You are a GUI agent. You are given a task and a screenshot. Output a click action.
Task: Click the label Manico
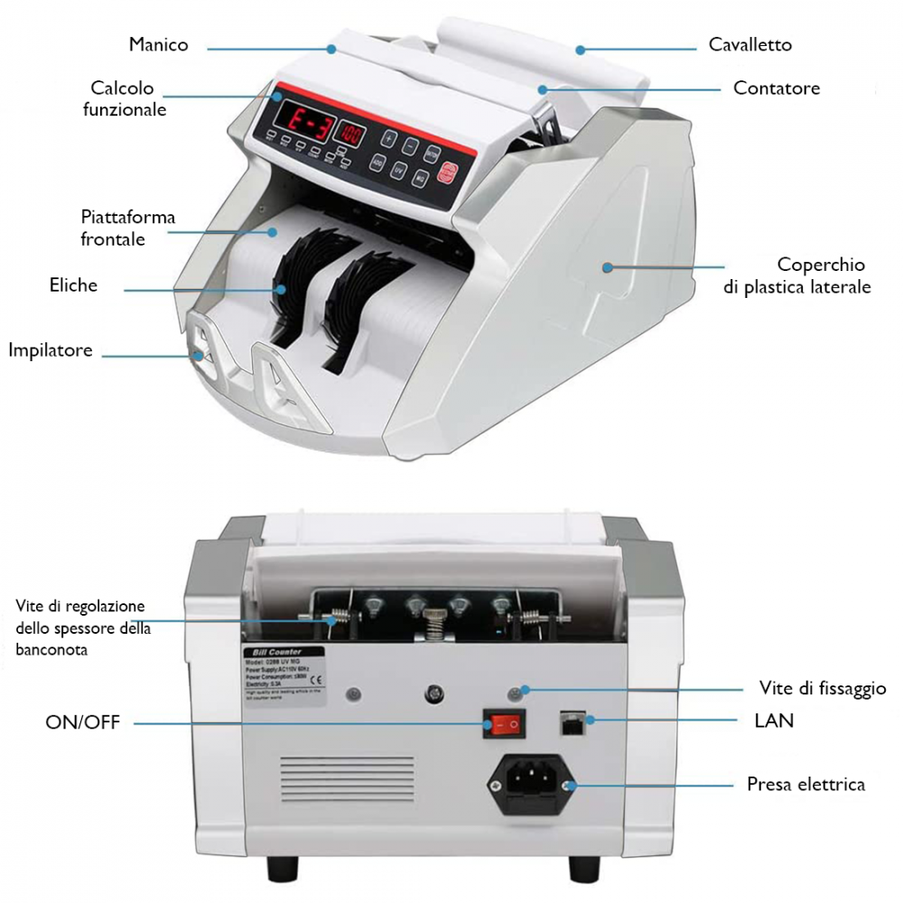point(159,44)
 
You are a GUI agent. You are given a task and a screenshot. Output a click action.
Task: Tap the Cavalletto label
point(749,44)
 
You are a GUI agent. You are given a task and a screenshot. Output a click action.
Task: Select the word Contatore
point(777,88)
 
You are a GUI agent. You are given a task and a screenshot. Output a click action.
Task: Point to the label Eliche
point(73,285)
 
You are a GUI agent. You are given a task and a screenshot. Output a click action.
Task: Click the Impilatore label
point(51,350)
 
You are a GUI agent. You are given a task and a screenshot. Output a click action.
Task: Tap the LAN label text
point(774,721)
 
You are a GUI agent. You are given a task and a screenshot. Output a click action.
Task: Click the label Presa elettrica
point(805,784)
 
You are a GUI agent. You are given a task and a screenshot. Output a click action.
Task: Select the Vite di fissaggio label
point(822,689)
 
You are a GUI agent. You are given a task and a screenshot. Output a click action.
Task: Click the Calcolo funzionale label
point(125,98)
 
